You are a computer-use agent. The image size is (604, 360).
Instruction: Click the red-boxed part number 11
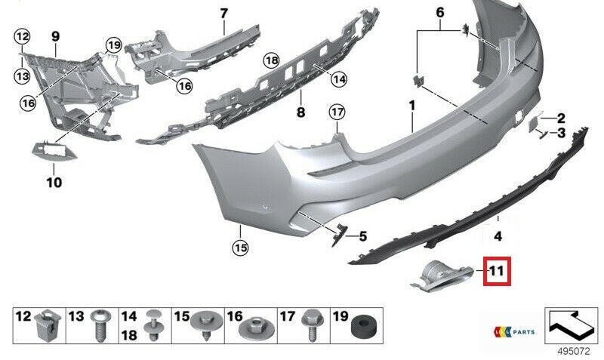tap(497, 272)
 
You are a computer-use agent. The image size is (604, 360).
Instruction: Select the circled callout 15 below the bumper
tap(240, 248)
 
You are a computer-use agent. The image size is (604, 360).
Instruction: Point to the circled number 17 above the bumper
tap(337, 112)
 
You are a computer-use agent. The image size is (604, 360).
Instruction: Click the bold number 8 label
tap(300, 112)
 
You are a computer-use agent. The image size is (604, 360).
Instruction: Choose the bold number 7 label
tap(223, 14)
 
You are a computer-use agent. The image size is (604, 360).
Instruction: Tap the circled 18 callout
tap(272, 60)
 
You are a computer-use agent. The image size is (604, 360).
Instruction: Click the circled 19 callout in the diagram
tap(114, 45)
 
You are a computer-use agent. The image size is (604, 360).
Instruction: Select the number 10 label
tap(54, 182)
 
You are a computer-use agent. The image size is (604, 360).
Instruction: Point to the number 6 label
tap(440, 12)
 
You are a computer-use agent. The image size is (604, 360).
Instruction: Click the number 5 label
tap(362, 236)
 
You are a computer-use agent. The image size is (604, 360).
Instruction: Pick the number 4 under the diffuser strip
tap(498, 236)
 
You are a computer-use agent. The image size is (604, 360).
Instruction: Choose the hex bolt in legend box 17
tap(310, 325)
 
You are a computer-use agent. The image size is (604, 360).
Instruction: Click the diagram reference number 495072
tap(574, 351)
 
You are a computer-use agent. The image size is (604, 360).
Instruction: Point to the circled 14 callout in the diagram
tap(339, 79)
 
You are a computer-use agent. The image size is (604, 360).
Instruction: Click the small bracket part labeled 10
tap(54, 150)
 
